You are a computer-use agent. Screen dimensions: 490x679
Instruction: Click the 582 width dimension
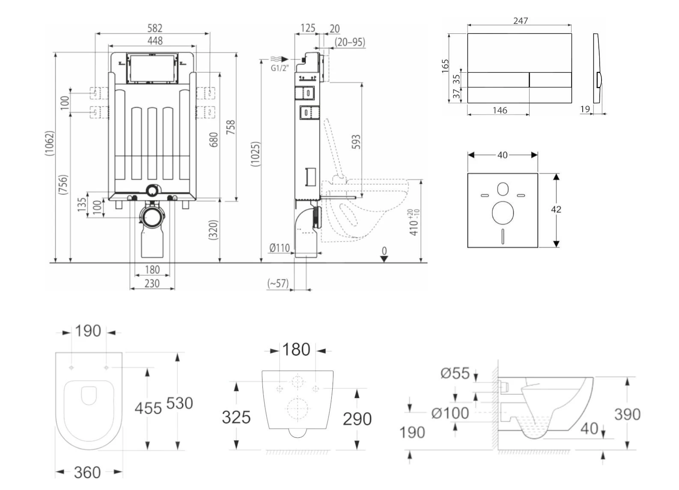coord(155,28)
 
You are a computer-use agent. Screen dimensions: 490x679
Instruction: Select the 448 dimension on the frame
coord(155,41)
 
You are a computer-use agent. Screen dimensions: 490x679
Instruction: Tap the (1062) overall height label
coord(50,143)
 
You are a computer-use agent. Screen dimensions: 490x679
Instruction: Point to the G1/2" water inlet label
coord(280,68)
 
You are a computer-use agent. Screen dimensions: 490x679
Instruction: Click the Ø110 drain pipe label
coord(279,248)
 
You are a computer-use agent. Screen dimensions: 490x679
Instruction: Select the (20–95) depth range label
coord(350,42)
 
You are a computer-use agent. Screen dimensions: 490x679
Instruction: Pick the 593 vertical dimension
coord(356,142)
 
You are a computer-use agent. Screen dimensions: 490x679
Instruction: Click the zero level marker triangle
coord(384,258)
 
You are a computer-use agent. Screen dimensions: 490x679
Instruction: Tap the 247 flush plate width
coord(520,21)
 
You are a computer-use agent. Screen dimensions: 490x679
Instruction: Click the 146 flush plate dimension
coord(500,110)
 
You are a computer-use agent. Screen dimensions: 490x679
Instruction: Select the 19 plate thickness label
coord(585,109)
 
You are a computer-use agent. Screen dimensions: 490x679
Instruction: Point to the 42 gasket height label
coord(556,210)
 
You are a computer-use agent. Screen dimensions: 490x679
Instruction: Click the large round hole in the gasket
coord(503,213)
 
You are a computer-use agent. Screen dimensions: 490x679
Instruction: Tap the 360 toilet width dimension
coord(87,472)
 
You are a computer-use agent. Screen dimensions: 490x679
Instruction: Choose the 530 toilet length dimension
coord(179,403)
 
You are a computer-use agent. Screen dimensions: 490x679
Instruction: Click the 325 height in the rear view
coord(236,417)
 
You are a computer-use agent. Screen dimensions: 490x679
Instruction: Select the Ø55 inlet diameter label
coord(455,373)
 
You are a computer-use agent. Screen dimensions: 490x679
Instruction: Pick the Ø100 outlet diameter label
coord(450,413)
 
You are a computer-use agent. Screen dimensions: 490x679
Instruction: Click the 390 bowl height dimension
coord(627,414)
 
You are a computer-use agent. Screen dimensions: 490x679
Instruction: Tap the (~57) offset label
coord(278,283)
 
